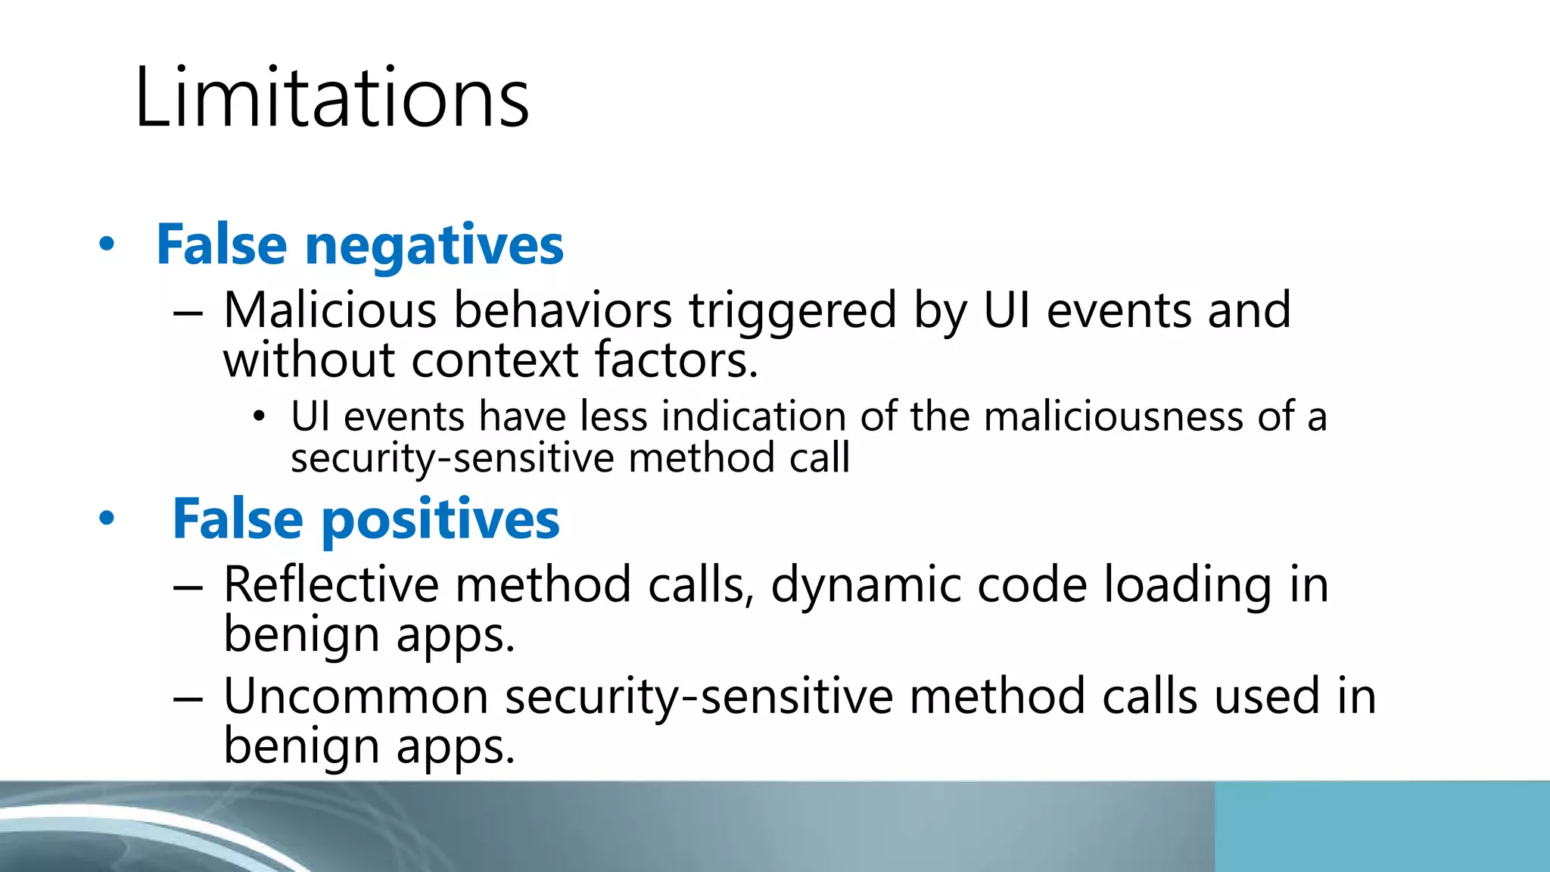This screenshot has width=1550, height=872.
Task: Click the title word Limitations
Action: click(331, 98)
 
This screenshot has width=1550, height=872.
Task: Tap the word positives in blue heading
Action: click(440, 520)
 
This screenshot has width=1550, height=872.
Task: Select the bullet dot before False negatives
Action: click(107, 244)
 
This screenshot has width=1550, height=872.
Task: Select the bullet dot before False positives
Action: click(107, 519)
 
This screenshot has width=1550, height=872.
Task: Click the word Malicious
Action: click(330, 310)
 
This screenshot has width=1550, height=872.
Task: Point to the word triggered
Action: click(792, 312)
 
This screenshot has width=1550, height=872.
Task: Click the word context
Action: click(495, 360)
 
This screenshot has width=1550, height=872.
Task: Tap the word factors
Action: click(676, 360)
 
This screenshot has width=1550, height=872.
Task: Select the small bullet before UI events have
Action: click(260, 416)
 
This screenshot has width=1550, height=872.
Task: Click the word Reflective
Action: click(331, 584)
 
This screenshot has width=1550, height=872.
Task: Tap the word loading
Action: click(1187, 586)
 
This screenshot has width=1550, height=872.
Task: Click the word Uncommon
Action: click(356, 696)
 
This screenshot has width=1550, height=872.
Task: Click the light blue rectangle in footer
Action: click(1382, 827)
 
